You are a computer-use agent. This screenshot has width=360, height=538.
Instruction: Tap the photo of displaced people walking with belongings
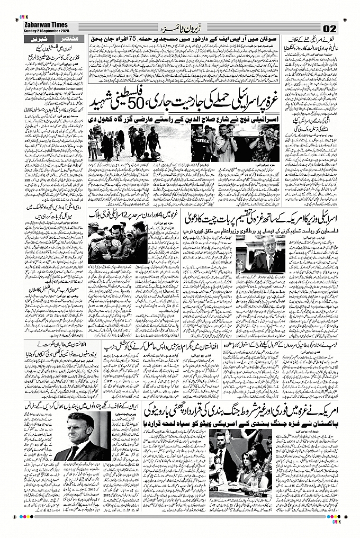(x=124, y=142)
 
